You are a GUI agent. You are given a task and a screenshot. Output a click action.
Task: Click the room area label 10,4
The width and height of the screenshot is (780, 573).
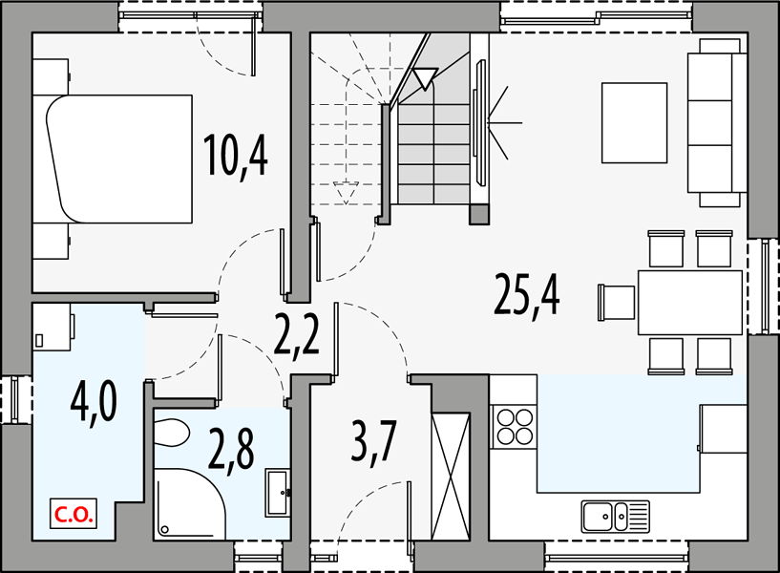point(235,156)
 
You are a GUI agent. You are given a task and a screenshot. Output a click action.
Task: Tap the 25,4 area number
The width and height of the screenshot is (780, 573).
point(527,296)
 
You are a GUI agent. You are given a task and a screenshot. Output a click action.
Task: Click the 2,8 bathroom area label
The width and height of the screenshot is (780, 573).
point(231,450)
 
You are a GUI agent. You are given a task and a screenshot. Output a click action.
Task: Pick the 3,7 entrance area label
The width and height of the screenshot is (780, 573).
point(373,440)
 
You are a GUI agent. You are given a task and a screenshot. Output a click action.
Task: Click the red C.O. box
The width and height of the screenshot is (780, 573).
point(74,514)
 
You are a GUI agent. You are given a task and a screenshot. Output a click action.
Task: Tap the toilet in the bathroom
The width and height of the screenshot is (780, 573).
point(172,433)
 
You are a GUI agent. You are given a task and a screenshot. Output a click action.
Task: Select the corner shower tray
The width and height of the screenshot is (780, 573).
point(189,503)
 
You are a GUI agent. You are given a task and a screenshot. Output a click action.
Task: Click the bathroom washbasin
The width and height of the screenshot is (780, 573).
point(278,493)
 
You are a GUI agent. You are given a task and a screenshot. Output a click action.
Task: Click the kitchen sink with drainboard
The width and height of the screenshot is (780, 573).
point(615,516)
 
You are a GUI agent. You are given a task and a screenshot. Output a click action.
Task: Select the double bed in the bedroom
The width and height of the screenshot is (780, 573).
point(119,159)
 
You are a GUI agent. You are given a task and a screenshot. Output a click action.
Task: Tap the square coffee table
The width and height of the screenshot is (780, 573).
point(634,123)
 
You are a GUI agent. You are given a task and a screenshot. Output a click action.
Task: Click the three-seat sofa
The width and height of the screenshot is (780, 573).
point(717,123)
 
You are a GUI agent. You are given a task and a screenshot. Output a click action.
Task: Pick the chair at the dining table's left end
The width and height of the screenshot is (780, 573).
point(617,303)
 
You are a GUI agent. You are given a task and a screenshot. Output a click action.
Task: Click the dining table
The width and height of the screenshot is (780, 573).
point(690,303)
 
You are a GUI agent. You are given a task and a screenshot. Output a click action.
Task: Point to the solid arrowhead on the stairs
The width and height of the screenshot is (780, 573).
point(425,78)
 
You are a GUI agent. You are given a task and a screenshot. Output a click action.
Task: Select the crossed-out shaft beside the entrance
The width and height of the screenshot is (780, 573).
point(451,476)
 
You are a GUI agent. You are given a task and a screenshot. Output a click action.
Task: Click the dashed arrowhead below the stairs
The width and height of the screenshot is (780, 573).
point(346,193)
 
